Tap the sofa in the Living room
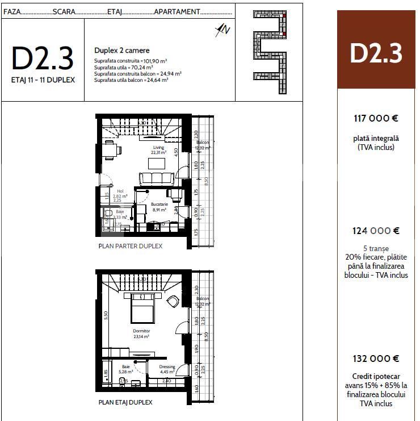click(x=156, y=178)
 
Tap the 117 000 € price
click(x=376, y=119)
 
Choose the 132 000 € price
click(x=376, y=359)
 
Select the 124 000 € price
click(x=376, y=231)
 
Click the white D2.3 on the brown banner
click(x=376, y=53)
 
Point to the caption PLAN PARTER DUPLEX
click(x=131, y=247)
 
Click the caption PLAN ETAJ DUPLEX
click(x=125, y=402)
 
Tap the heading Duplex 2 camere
click(x=121, y=51)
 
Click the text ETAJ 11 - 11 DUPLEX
click(x=43, y=80)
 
